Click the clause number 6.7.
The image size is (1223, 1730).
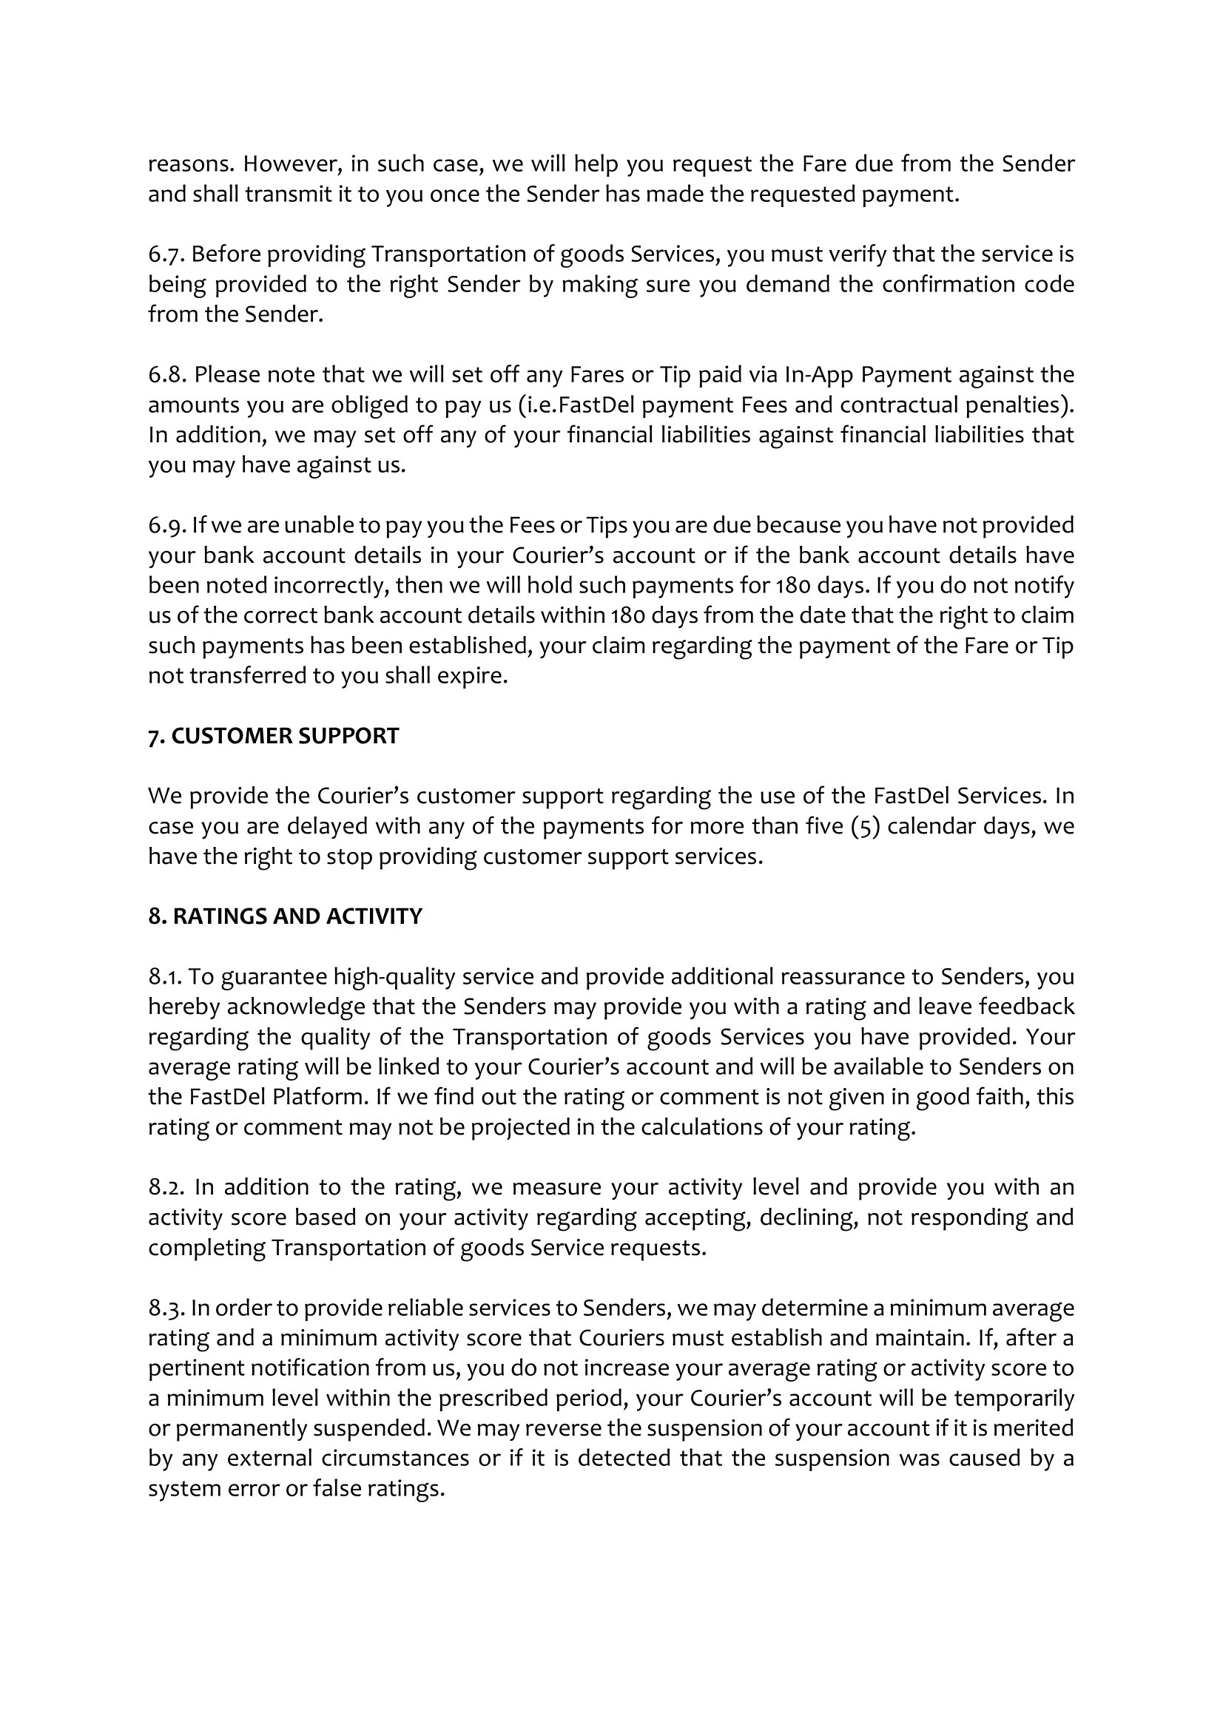pos(165,254)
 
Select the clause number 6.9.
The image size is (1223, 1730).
pos(166,525)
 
